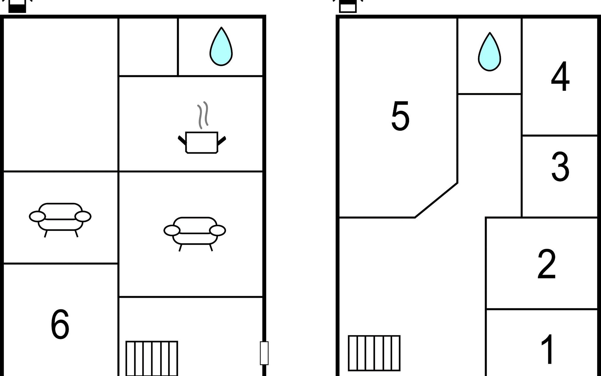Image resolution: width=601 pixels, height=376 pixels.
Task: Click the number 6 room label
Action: click(60, 324)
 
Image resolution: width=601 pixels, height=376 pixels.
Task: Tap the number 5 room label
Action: click(400, 116)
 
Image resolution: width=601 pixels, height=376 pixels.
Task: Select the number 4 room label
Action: click(560, 76)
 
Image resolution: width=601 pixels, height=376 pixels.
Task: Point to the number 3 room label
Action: click(560, 166)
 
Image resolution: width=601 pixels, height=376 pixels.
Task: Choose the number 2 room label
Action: click(547, 264)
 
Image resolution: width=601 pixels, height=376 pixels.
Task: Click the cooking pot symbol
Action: click(202, 143)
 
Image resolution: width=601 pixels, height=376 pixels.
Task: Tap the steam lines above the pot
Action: click(203, 115)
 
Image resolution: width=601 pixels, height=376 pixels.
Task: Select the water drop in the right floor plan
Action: click(489, 52)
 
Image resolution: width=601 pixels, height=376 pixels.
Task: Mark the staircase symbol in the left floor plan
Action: click(152, 358)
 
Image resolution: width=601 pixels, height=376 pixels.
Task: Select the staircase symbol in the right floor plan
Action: click(374, 353)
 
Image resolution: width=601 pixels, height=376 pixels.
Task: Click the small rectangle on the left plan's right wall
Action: click(264, 353)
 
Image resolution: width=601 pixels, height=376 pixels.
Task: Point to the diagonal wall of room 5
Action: click(436, 200)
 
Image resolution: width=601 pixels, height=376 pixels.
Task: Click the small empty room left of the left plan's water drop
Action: click(148, 47)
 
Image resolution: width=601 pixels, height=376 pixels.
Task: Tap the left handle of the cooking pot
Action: click(182, 140)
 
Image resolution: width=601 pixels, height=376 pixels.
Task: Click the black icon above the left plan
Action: click(17, 6)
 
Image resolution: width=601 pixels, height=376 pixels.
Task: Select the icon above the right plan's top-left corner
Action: click(348, 6)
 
